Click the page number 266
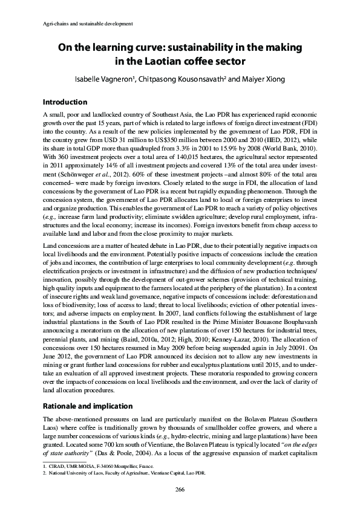pyautogui.click(x=180, y=488)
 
